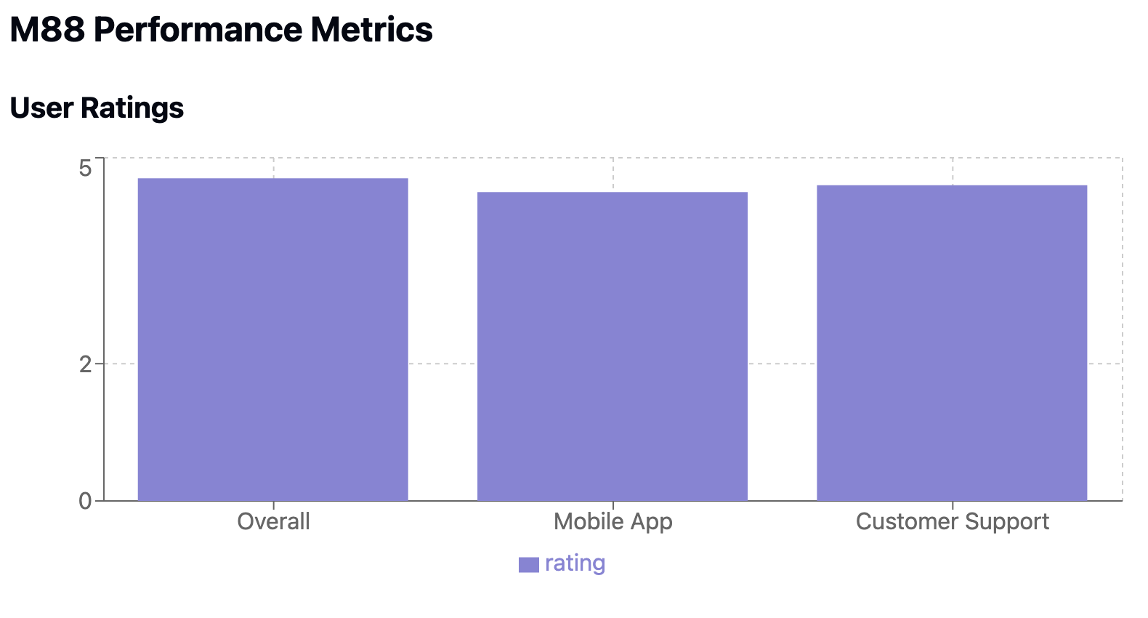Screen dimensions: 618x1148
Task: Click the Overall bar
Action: pos(272,340)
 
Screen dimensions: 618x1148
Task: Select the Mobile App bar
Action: pos(612,346)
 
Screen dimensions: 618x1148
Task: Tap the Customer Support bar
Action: pos(952,342)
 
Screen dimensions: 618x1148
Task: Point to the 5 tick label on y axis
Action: pos(85,169)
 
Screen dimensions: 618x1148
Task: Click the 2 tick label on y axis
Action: pos(85,364)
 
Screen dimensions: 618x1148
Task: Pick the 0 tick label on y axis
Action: pos(85,501)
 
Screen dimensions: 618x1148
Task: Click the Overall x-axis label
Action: pos(273,521)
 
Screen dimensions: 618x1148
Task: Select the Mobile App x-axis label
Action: pos(613,521)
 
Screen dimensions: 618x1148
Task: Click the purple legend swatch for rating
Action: pos(528,565)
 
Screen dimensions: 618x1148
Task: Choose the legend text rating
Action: pos(575,563)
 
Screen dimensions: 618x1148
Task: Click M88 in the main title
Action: pos(47,31)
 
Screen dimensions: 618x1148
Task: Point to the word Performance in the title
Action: pos(198,31)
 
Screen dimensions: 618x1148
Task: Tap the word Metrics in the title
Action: pos(371,31)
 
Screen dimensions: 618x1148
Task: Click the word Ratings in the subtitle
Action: pos(132,108)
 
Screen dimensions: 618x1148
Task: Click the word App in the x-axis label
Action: pos(652,522)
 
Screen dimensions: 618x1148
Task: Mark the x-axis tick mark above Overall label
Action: pos(273,505)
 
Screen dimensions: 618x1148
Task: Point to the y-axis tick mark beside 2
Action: pos(99,363)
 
